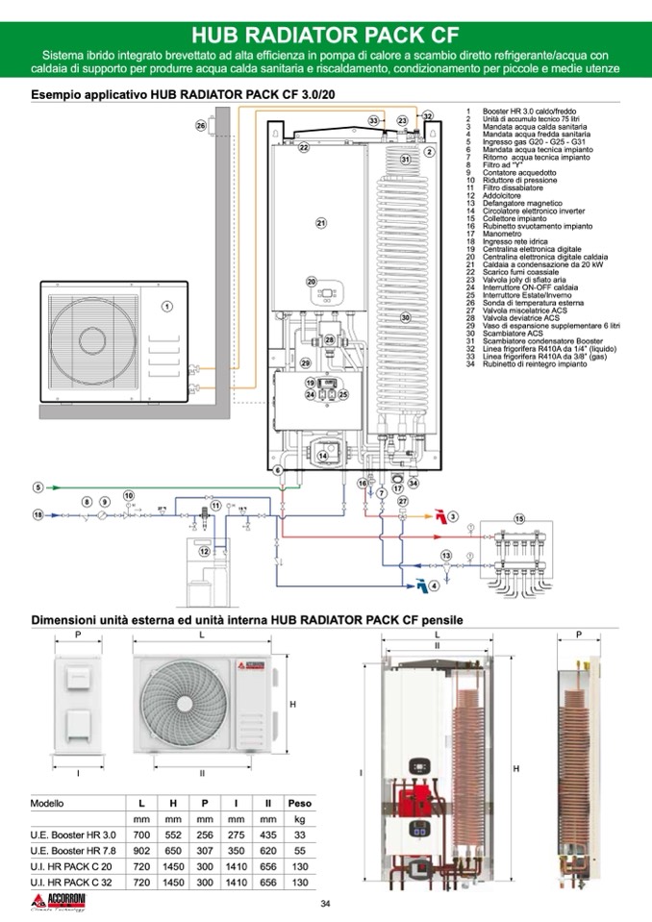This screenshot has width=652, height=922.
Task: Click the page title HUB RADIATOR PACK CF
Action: (325, 35)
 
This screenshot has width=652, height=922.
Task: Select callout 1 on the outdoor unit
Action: (166, 307)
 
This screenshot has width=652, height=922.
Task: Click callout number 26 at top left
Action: (201, 126)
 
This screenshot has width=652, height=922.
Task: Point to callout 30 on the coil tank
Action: (405, 316)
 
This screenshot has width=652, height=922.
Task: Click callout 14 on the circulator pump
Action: (323, 456)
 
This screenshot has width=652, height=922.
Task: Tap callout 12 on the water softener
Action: (204, 551)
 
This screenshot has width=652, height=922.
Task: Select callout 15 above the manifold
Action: (520, 519)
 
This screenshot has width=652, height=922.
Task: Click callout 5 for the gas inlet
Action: (38, 486)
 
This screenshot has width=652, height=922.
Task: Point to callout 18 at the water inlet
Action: (38, 515)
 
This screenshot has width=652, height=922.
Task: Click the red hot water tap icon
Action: (439, 516)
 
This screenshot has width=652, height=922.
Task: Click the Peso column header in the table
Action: (300, 802)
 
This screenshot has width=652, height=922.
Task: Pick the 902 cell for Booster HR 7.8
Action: (141, 851)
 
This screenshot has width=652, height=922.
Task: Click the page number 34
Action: (325, 903)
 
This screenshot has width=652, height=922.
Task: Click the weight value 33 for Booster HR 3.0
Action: (300, 835)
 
